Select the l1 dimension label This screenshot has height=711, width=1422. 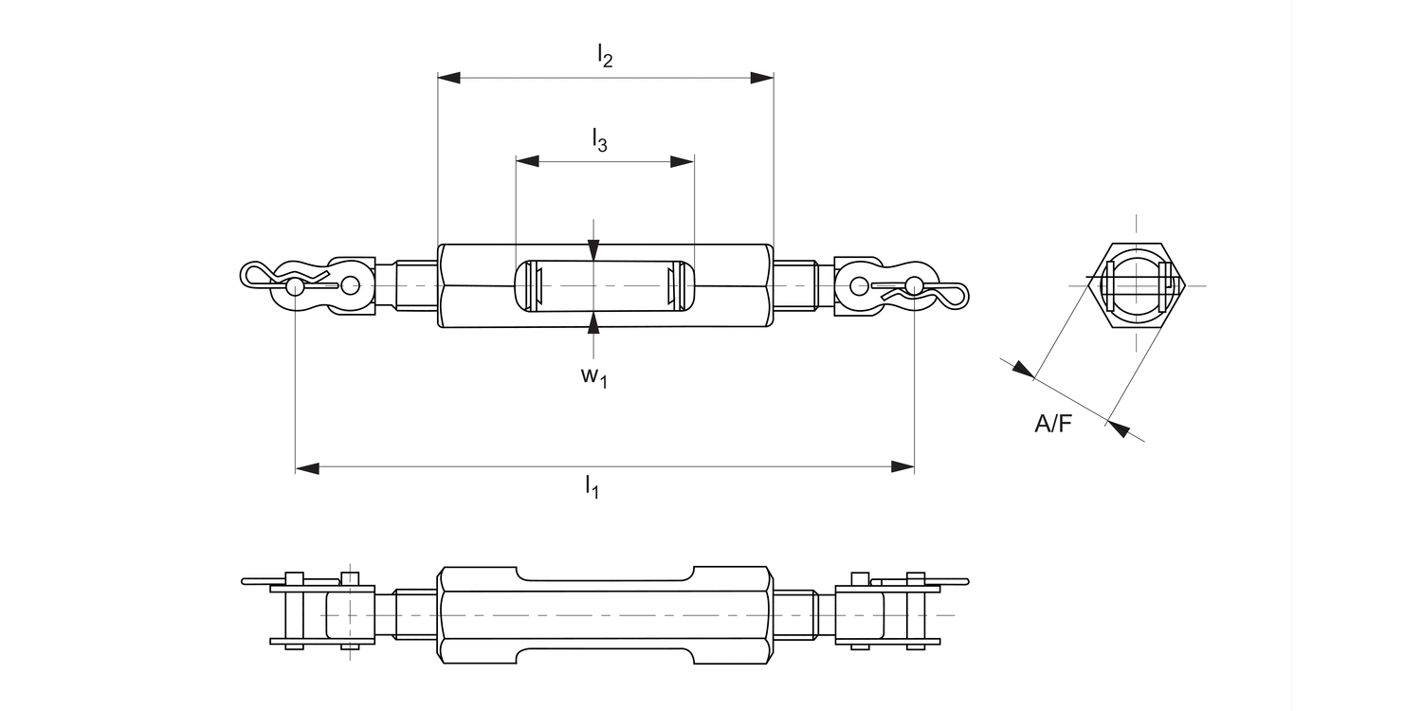(x=592, y=488)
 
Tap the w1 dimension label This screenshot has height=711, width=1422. (x=593, y=376)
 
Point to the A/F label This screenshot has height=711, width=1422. (x=1053, y=425)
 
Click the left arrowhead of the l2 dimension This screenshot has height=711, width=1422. (x=449, y=77)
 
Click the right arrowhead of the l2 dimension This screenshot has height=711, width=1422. (x=761, y=77)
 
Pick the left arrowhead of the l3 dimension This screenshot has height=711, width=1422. (x=528, y=161)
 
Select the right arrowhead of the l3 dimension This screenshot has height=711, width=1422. (x=683, y=161)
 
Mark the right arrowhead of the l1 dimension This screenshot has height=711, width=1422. (x=902, y=467)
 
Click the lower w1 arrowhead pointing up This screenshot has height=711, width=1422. (x=593, y=323)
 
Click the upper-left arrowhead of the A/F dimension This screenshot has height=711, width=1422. (x=1023, y=369)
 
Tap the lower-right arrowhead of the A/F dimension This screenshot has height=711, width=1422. (x=1118, y=428)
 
